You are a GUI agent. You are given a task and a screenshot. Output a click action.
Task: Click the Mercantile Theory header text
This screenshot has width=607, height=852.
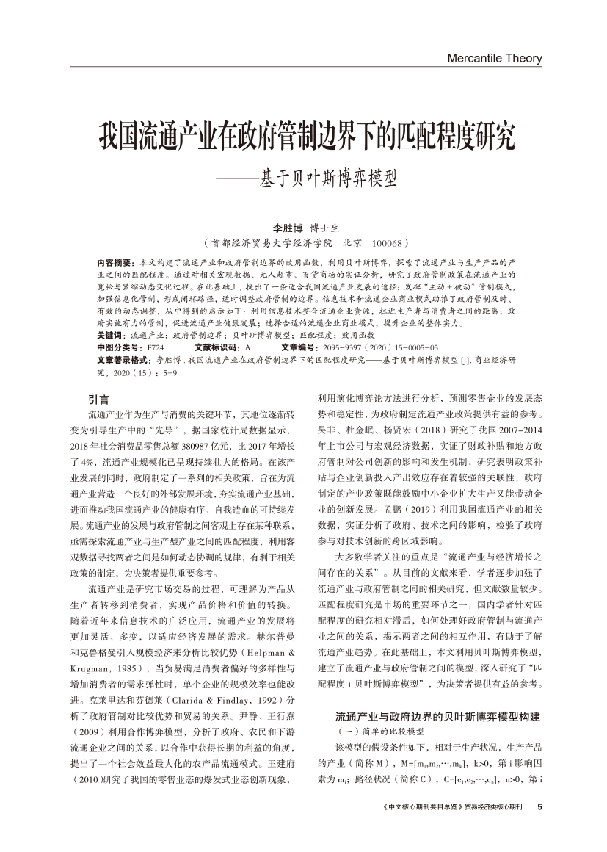[494, 58]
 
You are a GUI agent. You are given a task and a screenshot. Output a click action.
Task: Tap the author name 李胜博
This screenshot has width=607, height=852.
[288, 228]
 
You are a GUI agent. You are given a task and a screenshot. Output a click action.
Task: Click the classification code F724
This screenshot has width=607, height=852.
[156, 347]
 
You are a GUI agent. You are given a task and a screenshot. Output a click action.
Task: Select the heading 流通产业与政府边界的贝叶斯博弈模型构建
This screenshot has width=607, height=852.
[437, 716]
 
